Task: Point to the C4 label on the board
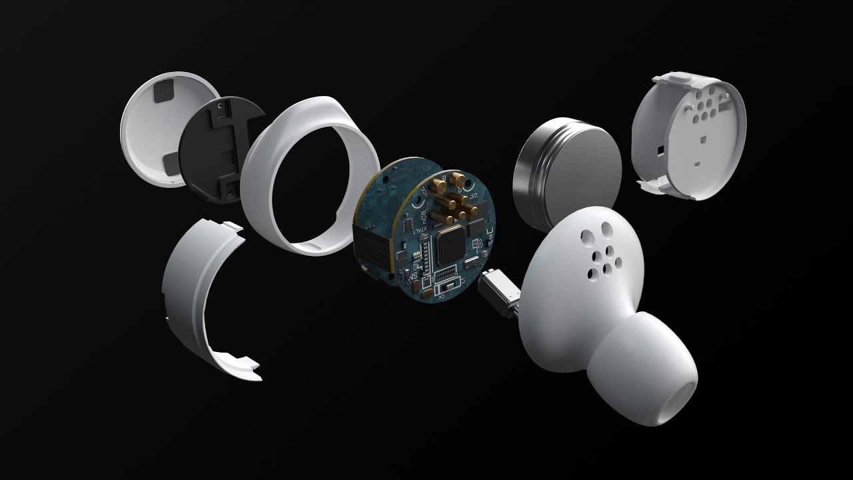tap(441, 296)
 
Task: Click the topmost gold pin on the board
tap(458, 177)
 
